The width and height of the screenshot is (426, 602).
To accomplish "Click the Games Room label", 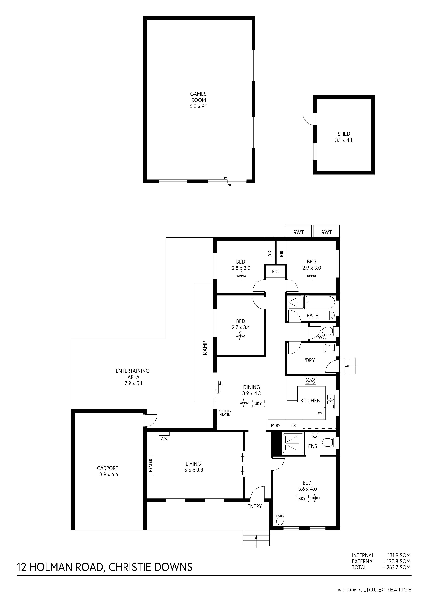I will coord(198,100).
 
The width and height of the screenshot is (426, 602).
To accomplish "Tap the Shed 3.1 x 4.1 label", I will coord(344,137).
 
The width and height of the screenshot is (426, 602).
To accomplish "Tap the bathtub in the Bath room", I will coord(320,302).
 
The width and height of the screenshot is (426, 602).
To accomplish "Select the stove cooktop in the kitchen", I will coord(311,381).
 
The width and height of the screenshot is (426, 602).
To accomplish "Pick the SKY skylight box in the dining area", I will coord(258,403).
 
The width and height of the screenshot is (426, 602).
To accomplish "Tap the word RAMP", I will coord(205,348).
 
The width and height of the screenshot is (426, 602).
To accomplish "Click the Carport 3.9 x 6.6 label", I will coord(107,471).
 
